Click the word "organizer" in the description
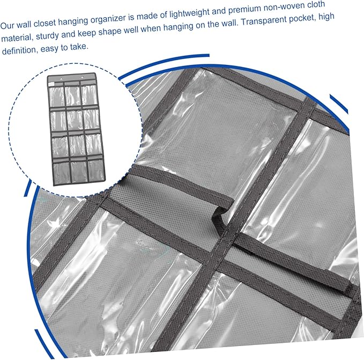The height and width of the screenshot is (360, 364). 110,19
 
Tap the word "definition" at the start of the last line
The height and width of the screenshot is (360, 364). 19,50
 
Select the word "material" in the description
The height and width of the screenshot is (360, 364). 17,38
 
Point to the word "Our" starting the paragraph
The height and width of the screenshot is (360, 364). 8,25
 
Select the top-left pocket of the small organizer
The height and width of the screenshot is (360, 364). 57,96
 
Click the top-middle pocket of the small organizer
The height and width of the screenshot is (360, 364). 73,95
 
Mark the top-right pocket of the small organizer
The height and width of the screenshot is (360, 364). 89,94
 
